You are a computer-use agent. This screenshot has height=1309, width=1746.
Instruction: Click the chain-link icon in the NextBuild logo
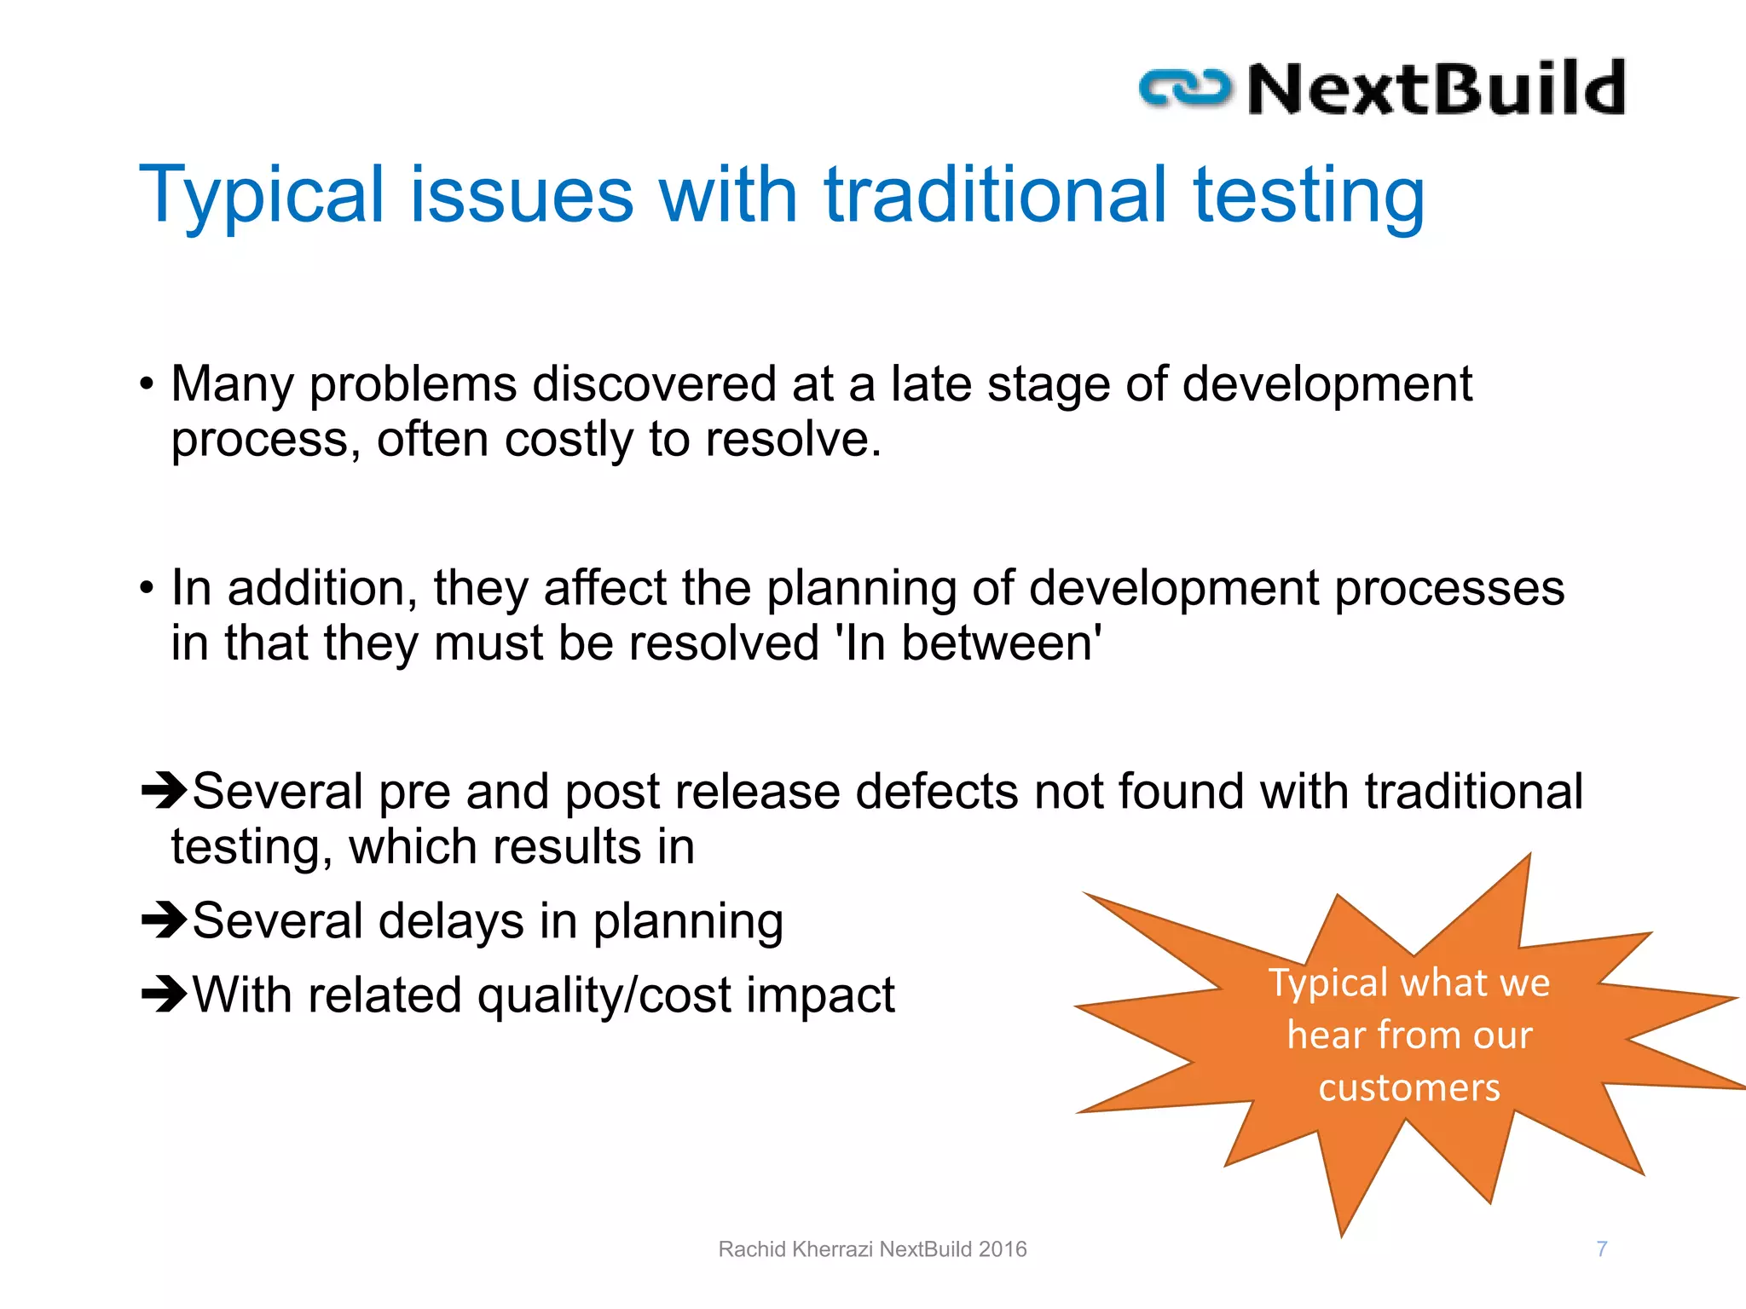[x=1185, y=89]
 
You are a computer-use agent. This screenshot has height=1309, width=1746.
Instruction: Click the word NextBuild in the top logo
[x=1437, y=89]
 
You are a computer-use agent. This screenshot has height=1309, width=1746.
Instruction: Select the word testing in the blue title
[x=1308, y=196]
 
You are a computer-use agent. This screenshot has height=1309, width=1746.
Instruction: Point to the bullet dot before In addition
[x=147, y=589]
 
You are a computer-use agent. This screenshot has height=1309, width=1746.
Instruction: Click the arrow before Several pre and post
[x=164, y=790]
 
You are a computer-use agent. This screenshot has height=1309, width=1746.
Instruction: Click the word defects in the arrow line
[x=936, y=792]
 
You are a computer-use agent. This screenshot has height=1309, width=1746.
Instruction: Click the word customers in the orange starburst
[x=1409, y=1088]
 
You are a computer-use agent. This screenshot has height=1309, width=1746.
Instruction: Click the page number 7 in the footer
[x=1602, y=1248]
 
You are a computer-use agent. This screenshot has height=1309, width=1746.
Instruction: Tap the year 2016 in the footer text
[x=1003, y=1249]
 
